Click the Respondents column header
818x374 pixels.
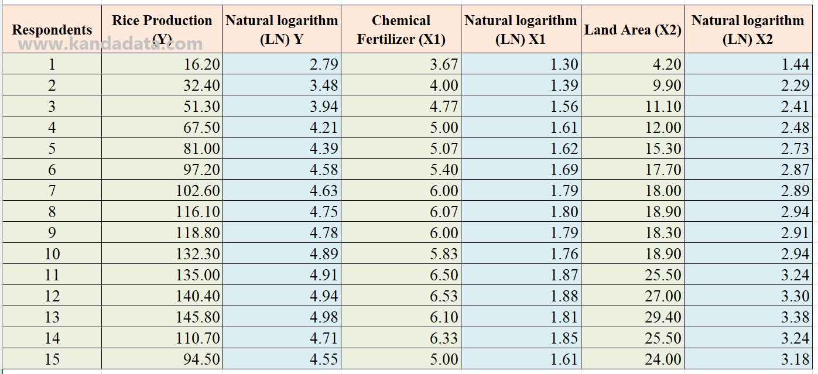click(x=52, y=30)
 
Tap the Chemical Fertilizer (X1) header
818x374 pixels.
click(x=401, y=30)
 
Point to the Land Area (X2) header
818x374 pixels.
click(x=632, y=30)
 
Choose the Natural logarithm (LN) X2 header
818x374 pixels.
click(x=747, y=30)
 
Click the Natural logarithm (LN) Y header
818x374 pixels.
click(x=282, y=30)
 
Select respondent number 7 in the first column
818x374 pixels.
click(x=52, y=190)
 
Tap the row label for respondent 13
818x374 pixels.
click(x=52, y=317)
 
